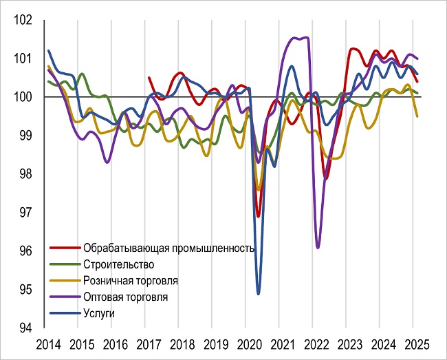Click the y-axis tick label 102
[24, 21]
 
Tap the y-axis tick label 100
[24, 97]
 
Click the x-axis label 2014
[47, 343]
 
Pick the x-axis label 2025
[413, 343]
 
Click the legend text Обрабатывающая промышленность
[168, 248]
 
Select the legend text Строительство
[118, 264]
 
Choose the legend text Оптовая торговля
[125, 297]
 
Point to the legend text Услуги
[99, 314]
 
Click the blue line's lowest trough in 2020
[259, 293]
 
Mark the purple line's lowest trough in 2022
[318, 246]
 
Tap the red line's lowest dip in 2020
[259, 215]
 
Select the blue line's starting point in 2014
[48, 51]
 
